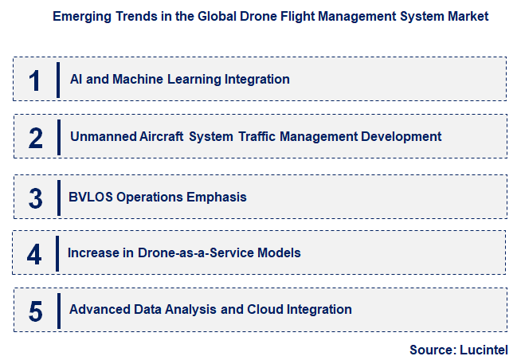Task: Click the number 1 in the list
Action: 34,80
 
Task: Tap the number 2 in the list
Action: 35,137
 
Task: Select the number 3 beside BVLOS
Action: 35,198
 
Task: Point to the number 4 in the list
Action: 34,254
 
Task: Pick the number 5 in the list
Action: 35,311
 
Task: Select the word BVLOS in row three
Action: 91,197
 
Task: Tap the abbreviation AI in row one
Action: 76,79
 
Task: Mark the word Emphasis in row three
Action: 217,197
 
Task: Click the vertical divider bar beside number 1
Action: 58,79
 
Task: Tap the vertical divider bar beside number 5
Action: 58,310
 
